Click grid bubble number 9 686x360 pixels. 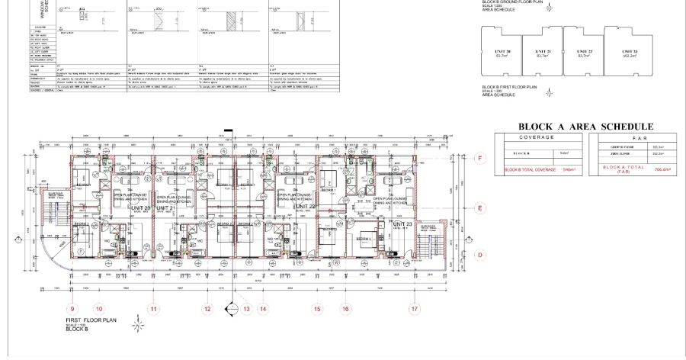coord(72,309)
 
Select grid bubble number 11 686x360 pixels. coord(153,309)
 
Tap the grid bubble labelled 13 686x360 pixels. coord(246,309)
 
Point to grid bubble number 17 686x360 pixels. coord(415,309)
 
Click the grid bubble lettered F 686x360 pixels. coord(480,159)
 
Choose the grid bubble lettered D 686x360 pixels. coord(480,256)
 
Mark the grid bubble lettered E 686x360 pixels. coord(480,207)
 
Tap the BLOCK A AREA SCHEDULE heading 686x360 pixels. coord(585,127)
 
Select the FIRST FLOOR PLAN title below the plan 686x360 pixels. coord(90,320)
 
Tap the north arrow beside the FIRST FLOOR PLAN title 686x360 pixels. coord(137,325)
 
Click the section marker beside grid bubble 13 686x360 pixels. coord(231,309)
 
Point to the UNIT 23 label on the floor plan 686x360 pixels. coord(402,224)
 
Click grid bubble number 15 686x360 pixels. coord(316,309)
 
